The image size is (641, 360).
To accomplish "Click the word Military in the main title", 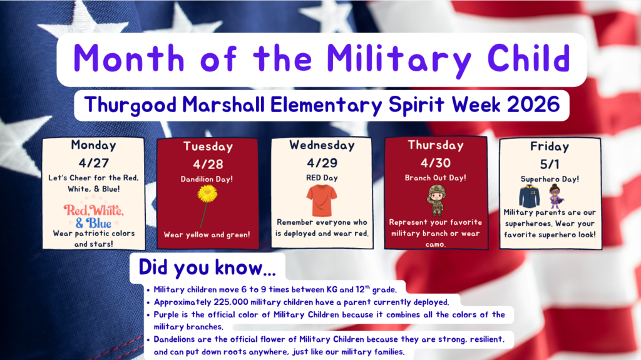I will coord(399,59).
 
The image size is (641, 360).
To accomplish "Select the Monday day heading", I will coord(93,145).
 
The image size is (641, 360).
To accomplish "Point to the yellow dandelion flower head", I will coord(207,193).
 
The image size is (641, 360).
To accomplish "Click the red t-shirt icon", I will coord(322,200).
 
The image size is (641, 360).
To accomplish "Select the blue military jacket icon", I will coord(528,197).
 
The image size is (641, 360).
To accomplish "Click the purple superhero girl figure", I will coord(555,196).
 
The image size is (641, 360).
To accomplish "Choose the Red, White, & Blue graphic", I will coord(93,216).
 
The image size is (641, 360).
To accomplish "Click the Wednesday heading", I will coord(321,145).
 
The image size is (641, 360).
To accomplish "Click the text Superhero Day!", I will coord(550,179).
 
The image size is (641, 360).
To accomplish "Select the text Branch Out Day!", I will coord(436,178).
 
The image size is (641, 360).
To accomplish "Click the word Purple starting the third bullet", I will coord(169,314).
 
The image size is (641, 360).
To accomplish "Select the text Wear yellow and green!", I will coord(207,235).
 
